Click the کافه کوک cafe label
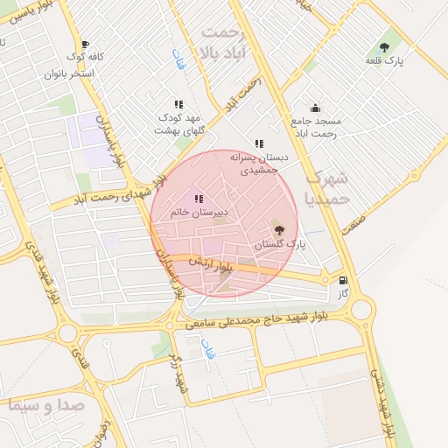coord(85,57)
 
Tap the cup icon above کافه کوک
coord(84,44)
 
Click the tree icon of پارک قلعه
coord(385,46)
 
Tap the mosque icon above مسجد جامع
coord(315,108)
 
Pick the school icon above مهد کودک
coord(178,104)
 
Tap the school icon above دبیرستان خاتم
coord(199,199)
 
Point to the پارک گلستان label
coord(281,245)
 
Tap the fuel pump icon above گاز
coord(343,281)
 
